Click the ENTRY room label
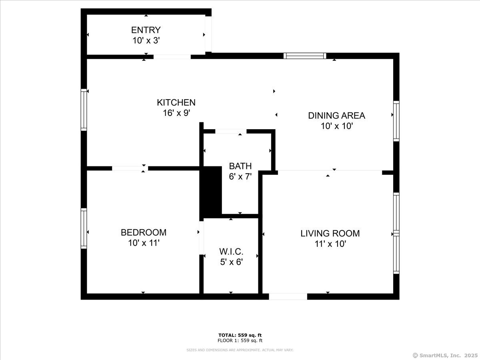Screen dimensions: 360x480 coord(146,30)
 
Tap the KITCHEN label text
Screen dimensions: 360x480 coord(176,103)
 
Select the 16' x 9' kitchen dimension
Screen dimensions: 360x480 coord(176,113)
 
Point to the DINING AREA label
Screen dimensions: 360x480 coord(336,116)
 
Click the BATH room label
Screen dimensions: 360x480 coord(240,166)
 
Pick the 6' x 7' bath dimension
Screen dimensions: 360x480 coord(240,176)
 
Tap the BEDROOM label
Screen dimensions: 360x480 coord(144,232)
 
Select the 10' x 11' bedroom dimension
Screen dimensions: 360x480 coord(144,243)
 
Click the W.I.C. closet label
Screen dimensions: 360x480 coord(231,252)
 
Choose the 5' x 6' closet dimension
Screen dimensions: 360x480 coord(231,262)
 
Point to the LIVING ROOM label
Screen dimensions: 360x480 coord(330,233)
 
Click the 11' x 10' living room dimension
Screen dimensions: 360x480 coord(330,244)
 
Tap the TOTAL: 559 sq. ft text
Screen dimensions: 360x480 coord(240,335)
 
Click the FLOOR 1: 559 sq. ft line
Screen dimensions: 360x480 coord(240,341)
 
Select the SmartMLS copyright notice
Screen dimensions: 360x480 coord(445,355)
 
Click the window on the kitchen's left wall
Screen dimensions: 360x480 coord(84,110)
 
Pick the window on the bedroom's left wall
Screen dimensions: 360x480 coord(84,228)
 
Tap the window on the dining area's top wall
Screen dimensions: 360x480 coord(305,56)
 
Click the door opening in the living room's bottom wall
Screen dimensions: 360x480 coord(288,296)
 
